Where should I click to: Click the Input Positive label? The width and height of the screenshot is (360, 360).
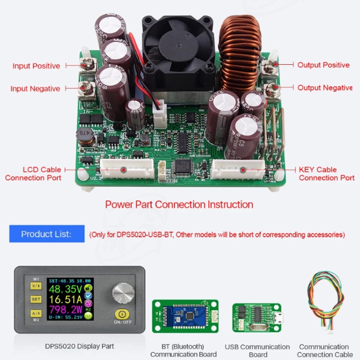(x=36, y=66)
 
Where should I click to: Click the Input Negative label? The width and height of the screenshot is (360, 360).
(x=36, y=88)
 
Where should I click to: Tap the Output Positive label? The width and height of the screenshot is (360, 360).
(x=324, y=65)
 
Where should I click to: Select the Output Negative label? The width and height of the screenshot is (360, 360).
(x=325, y=87)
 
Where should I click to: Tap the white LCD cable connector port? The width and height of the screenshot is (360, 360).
(x=125, y=169)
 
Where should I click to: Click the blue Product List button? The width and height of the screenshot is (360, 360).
(x=47, y=234)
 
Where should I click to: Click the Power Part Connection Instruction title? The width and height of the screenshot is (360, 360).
(x=179, y=204)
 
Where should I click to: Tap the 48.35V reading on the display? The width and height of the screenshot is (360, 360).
(x=65, y=290)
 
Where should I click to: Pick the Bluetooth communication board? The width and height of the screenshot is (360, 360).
(x=185, y=316)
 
